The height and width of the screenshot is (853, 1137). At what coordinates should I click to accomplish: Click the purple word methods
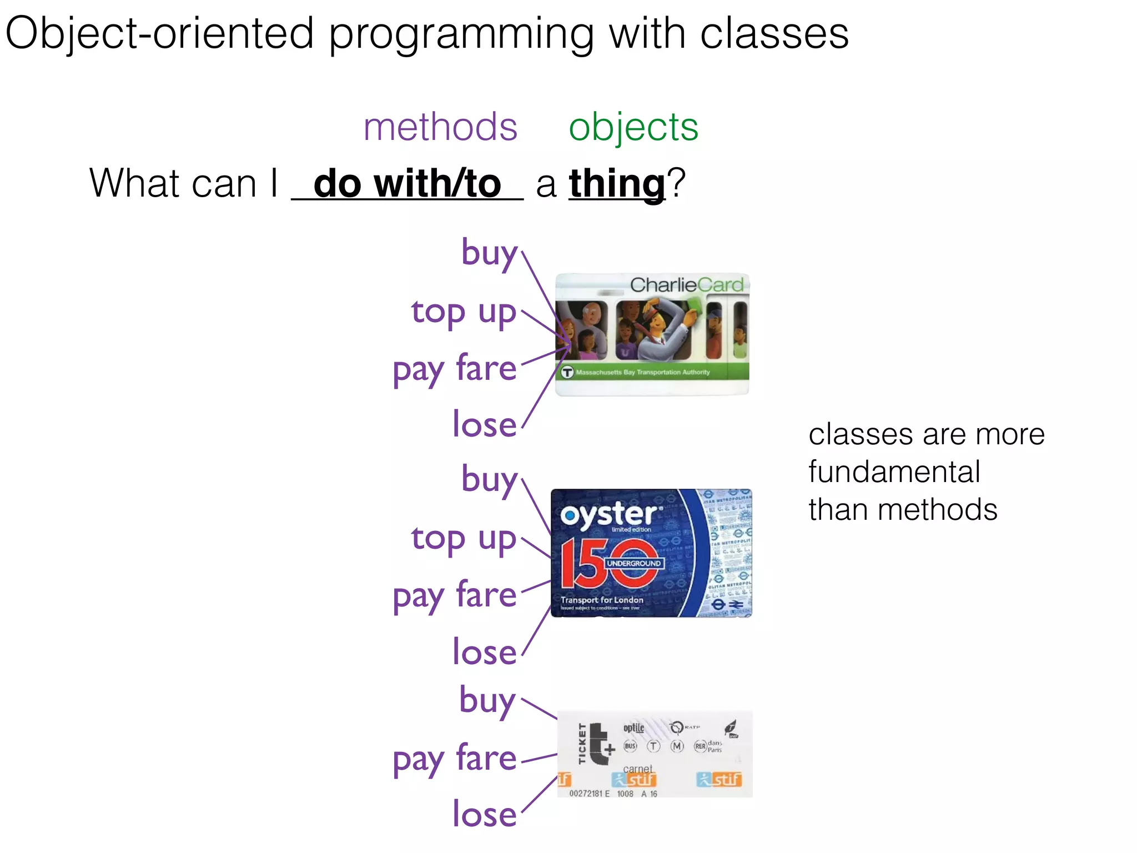[x=440, y=127]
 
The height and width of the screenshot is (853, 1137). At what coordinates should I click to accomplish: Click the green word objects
[x=633, y=127]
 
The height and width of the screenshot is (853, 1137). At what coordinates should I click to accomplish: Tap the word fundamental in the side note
[x=894, y=472]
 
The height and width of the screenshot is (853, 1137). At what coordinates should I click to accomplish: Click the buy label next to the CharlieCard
[x=489, y=253]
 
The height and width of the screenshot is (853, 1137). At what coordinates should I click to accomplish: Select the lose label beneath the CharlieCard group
[x=484, y=424]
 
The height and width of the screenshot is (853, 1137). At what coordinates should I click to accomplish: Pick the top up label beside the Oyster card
[x=464, y=538]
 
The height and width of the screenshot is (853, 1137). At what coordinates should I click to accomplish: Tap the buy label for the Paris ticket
[x=487, y=701]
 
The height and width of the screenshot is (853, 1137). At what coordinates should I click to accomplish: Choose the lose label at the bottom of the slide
[x=484, y=814]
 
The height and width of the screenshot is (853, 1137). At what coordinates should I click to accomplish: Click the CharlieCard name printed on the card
[x=686, y=285]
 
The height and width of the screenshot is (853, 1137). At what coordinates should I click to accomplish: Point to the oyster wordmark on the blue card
[x=610, y=514]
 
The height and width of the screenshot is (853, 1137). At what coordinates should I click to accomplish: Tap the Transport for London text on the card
[x=602, y=600]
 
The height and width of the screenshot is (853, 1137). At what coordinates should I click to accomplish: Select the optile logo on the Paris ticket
[x=633, y=727]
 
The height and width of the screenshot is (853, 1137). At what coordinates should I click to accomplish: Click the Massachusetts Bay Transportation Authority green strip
[x=652, y=372]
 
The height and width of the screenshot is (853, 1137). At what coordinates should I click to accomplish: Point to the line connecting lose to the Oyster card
[x=536, y=632]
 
